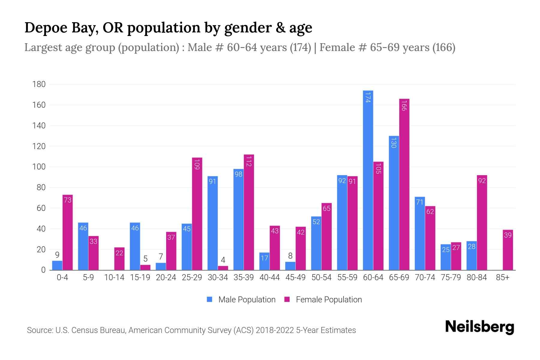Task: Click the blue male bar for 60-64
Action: coord(368,180)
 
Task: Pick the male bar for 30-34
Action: coord(212,223)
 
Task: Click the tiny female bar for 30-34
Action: coord(223,268)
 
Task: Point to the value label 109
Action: coord(197,164)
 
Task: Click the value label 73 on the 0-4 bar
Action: coord(68,200)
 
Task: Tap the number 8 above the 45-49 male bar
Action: coord(290,256)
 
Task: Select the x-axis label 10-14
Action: coord(114,277)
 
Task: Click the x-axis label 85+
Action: coord(502,277)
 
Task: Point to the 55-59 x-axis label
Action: coord(347,277)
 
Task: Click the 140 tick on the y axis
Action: coord(39,126)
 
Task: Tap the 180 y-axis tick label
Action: coord(39,84)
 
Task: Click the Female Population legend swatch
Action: coord(287,299)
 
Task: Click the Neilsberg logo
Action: coord(479,327)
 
